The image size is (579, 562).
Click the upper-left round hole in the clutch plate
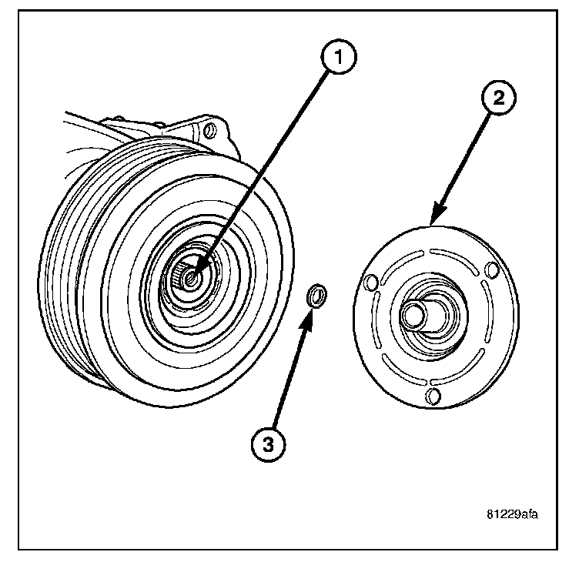(x=370, y=283)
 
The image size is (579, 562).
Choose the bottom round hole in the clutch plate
(x=433, y=396)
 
